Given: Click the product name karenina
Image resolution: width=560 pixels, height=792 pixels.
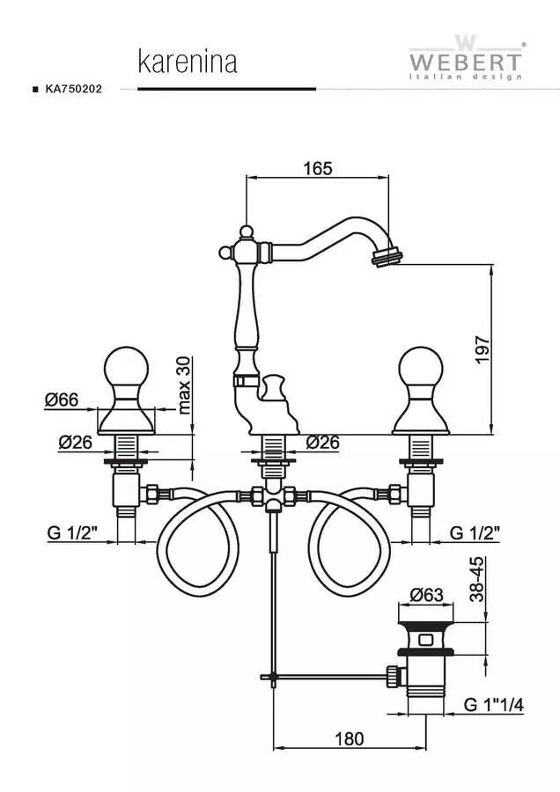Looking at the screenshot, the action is click(188, 62).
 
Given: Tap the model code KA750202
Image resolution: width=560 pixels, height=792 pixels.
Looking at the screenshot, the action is click(74, 89).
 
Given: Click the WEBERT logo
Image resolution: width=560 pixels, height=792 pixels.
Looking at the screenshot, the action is click(466, 58).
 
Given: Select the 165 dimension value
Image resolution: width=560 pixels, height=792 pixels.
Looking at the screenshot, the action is click(318, 168).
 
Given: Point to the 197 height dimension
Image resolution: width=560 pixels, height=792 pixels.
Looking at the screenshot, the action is click(483, 349).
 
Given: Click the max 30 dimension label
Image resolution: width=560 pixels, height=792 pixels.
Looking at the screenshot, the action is click(185, 385).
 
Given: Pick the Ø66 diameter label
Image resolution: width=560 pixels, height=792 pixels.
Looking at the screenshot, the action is click(61, 400).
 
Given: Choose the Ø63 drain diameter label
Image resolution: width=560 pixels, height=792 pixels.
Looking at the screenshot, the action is click(426, 595).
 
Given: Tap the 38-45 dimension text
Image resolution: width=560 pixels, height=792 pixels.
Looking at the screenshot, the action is click(477, 579).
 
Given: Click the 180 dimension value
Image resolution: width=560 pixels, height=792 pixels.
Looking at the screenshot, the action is click(350, 739).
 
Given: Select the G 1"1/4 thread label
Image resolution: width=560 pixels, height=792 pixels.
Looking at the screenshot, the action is click(493, 705).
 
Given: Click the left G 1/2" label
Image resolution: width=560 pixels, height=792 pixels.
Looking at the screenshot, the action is click(72, 532).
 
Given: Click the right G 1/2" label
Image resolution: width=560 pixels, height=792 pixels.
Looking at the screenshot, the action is click(475, 532).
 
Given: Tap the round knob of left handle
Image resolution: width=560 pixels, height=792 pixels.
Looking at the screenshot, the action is click(126, 370).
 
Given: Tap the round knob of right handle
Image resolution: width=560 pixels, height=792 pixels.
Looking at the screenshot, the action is click(421, 370).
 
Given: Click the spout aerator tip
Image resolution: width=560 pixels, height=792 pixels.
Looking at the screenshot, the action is click(388, 253).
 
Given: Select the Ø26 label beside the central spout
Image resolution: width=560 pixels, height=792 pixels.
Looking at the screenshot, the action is click(323, 442).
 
